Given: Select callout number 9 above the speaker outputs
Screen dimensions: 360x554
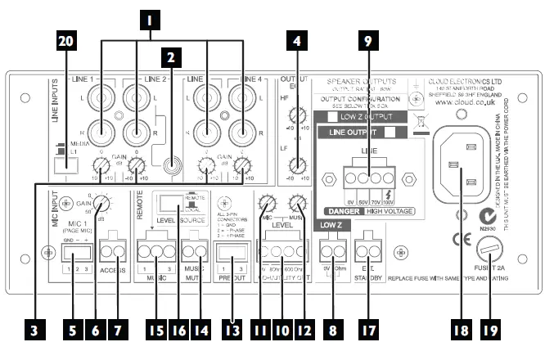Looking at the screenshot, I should point(368,38).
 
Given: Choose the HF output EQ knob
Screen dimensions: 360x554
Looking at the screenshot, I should point(299,115).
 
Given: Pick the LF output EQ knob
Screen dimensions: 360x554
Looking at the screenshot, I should point(299,164).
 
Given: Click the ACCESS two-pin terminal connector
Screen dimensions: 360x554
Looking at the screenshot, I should point(110,249).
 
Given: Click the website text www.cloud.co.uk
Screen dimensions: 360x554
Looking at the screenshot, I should point(455,105).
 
